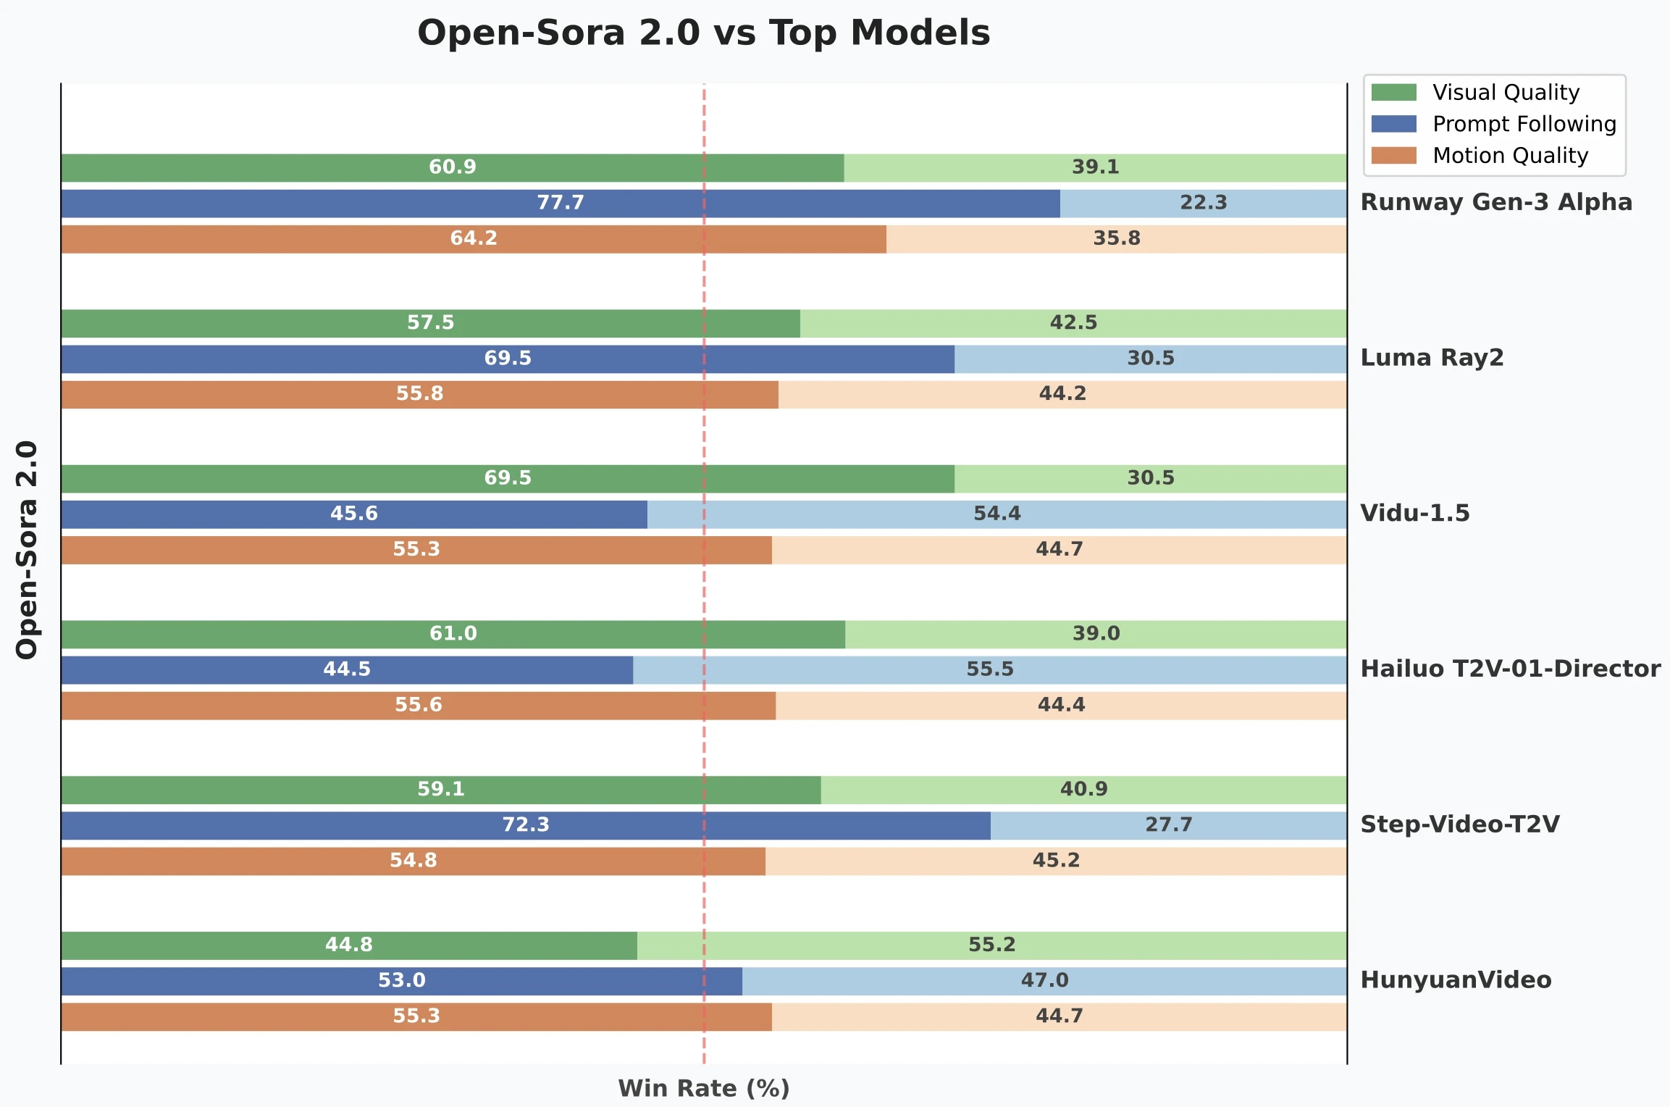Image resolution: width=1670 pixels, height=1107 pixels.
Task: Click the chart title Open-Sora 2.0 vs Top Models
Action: tap(703, 33)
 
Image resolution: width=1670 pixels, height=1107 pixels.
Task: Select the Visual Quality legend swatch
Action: tap(1393, 93)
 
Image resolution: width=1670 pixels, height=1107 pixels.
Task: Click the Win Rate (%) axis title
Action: tap(703, 1088)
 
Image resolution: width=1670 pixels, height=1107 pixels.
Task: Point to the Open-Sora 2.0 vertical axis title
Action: tap(27, 550)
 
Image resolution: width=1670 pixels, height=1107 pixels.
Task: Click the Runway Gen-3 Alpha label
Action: tap(1496, 202)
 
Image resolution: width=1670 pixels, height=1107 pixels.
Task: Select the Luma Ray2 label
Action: tap(1432, 358)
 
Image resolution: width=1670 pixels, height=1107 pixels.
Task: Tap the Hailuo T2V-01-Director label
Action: tap(1511, 669)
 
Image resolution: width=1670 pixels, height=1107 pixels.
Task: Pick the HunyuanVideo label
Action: tap(1456, 980)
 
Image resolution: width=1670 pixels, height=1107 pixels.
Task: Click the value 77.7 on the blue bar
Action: tap(561, 203)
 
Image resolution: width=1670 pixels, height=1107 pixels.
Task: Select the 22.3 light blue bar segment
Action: tap(1204, 203)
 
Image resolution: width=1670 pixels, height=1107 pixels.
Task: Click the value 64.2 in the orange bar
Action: tap(474, 238)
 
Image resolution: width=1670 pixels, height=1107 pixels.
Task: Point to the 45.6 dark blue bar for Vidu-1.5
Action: tap(354, 514)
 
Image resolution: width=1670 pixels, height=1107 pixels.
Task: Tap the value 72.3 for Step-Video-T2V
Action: tap(526, 824)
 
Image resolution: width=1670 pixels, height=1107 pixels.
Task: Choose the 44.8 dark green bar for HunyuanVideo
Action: tap(348, 945)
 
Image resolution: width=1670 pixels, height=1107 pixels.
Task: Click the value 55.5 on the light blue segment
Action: tap(990, 669)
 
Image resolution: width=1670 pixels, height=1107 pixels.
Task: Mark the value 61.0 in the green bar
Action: tap(453, 634)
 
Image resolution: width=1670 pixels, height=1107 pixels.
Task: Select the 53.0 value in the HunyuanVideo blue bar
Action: tap(402, 980)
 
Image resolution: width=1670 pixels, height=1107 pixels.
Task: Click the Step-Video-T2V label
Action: tap(1460, 824)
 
